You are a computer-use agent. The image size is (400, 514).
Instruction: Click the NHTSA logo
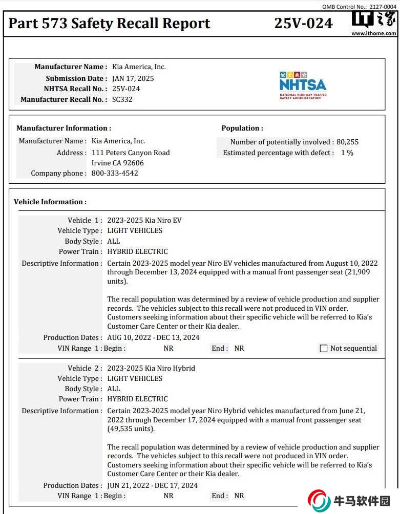coord(303,85)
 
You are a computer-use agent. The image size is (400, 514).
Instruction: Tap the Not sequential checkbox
coord(324,349)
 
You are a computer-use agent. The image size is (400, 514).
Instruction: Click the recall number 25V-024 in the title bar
coord(303,24)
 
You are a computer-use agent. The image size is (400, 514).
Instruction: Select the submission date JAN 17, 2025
coord(133,78)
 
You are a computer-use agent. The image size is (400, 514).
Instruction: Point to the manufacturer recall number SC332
coord(122,99)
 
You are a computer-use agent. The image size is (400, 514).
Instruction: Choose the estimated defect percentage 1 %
coord(347,153)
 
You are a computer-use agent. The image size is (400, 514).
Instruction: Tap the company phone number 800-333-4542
coord(115,173)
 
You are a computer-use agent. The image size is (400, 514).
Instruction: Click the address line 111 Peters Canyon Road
coord(131,153)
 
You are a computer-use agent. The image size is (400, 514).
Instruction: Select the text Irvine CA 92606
coord(118,163)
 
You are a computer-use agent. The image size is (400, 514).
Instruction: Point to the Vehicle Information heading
coord(50,202)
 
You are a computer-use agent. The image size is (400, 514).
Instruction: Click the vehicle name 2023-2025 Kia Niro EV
coord(144,220)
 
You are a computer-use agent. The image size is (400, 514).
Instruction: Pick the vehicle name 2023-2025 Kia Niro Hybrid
coord(151,368)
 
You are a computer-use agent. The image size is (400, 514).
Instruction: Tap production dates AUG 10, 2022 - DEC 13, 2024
coord(154,337)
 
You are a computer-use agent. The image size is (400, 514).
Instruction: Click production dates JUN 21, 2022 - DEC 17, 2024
coord(153,485)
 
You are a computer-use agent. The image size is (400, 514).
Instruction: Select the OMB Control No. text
coord(359,7)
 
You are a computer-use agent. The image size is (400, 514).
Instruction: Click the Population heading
coord(242,128)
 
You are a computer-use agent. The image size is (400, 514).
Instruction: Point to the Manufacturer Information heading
coord(64,128)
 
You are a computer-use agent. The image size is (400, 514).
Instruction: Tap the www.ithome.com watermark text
coord(373,33)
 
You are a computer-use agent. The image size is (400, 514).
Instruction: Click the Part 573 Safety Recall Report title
coord(110,24)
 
